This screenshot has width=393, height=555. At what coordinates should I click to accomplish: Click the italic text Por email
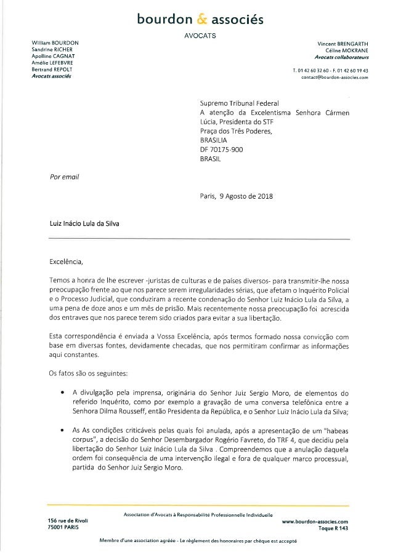61,177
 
